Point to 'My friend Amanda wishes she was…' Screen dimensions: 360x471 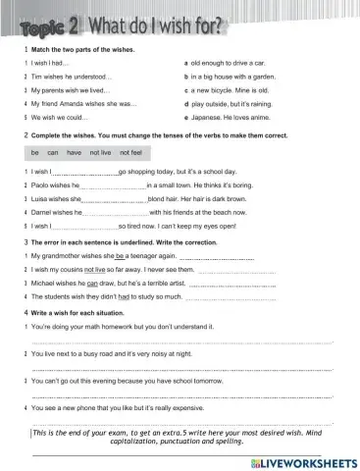82,102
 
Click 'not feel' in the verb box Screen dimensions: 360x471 131,153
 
